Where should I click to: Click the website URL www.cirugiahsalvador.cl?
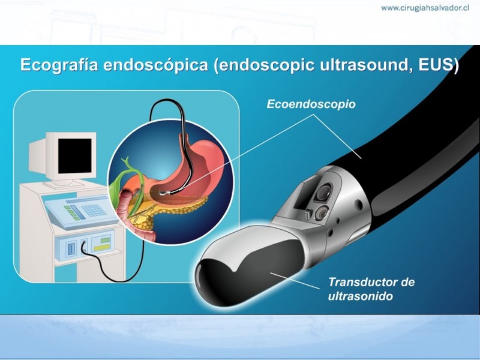425,8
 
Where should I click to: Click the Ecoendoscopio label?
311,104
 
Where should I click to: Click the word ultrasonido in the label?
361,296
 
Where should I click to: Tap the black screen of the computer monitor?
75,156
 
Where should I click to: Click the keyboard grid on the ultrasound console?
94,211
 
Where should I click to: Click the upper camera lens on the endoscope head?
323,191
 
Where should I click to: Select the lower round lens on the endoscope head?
322,212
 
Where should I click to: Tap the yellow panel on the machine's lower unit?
101,247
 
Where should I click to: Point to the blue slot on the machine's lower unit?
71,248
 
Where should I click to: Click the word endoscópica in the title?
155,65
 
